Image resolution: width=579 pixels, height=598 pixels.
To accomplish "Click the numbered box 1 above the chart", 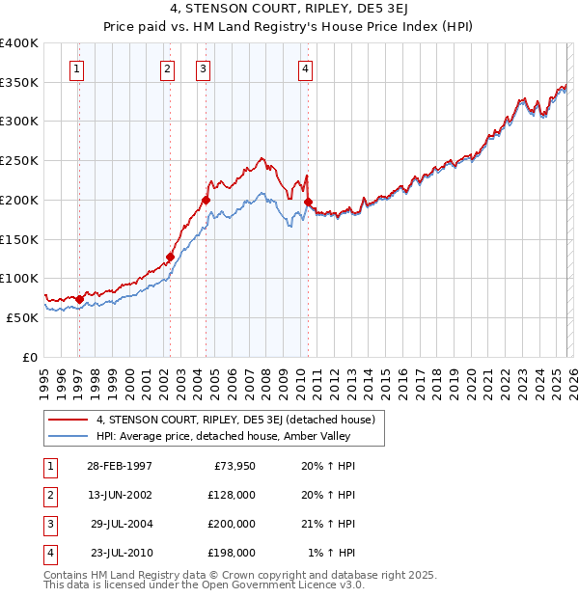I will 76,68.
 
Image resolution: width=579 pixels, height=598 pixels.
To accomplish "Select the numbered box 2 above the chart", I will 167,68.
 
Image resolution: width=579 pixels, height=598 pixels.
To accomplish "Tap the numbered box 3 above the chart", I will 203,68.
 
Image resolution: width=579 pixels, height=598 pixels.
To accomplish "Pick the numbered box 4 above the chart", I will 304,68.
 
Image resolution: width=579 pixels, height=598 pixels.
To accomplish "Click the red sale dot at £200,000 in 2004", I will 206,200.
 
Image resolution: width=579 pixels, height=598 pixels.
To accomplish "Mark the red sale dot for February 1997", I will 79,299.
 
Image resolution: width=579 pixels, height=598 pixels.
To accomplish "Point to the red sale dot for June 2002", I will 170,257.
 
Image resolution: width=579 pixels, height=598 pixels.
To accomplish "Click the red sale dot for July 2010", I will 308,202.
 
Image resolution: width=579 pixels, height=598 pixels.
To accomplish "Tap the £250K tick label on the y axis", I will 19,161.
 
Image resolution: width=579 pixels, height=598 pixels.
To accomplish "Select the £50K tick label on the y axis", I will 22,317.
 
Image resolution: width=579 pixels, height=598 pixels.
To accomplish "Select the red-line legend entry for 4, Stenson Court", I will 241,420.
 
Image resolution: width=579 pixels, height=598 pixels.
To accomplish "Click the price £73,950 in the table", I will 231,466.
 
